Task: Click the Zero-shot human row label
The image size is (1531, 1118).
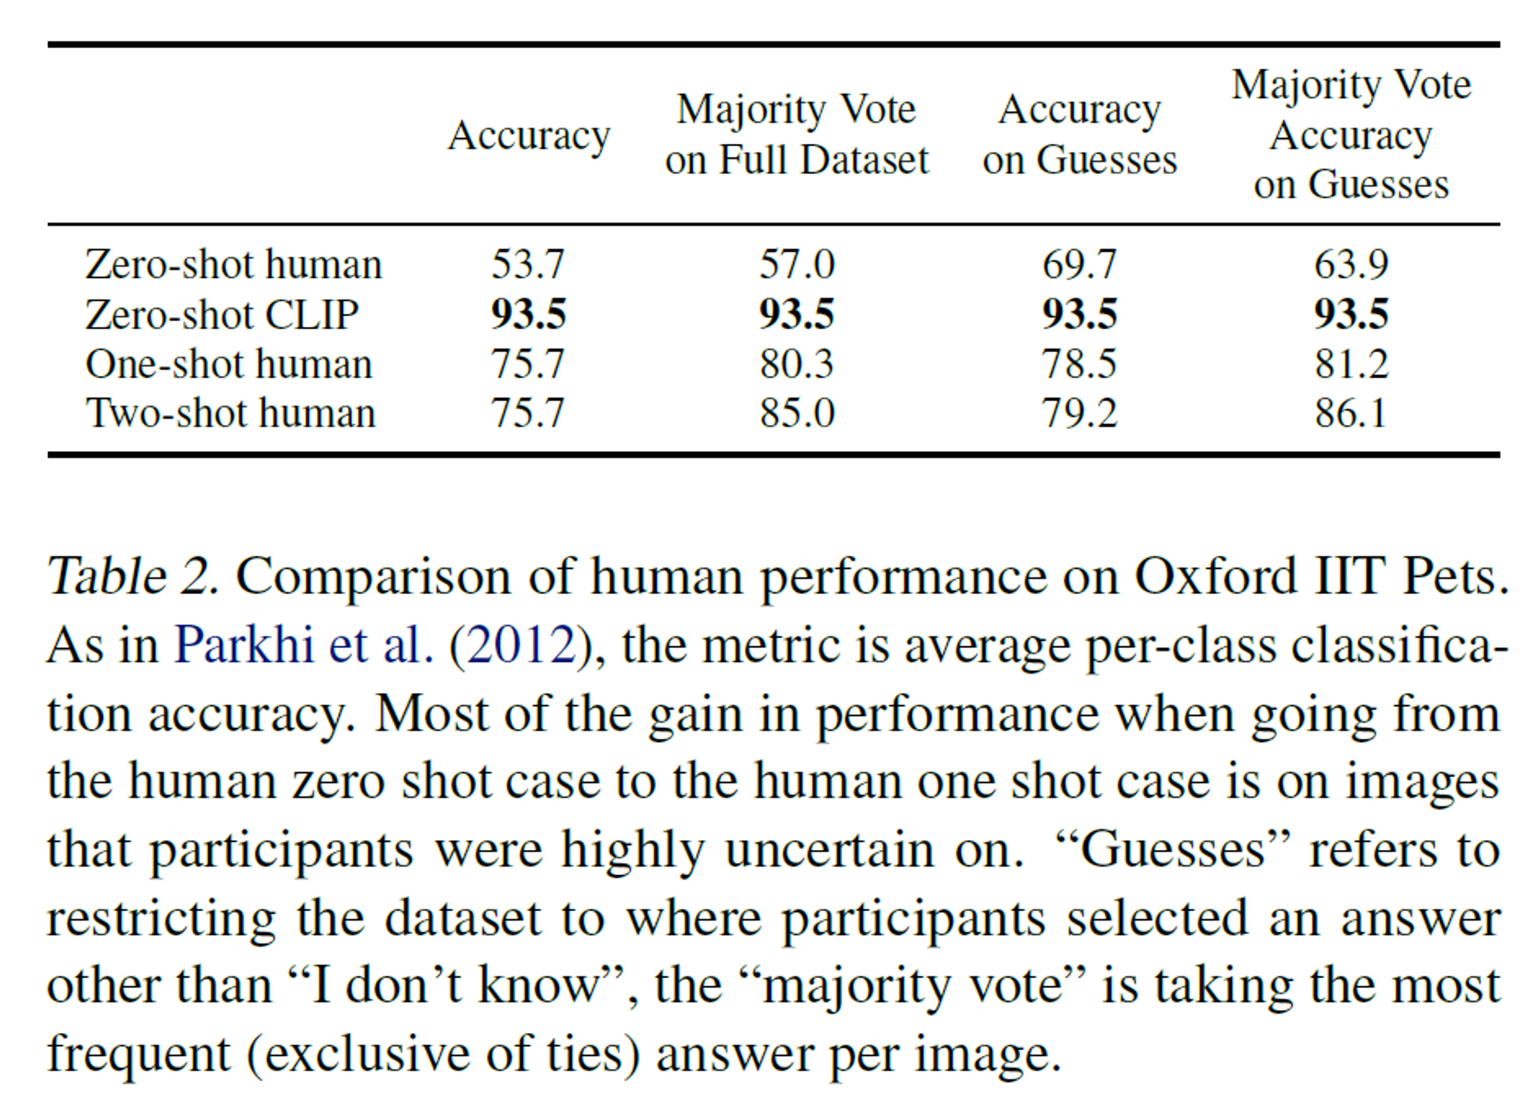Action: point(233,265)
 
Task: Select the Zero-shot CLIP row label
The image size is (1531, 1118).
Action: point(222,315)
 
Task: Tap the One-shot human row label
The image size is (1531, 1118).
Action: point(229,364)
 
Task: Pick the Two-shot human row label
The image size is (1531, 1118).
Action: point(230,414)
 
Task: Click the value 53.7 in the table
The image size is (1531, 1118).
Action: point(528,265)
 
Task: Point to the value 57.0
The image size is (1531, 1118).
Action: point(796,265)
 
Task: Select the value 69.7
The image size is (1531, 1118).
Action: point(1079,265)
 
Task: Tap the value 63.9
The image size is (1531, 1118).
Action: point(1351,265)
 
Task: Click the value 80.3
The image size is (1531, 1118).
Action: point(796,364)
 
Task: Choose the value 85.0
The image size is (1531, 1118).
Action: point(796,414)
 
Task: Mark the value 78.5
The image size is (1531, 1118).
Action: point(1079,364)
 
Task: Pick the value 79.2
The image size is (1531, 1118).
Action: point(1079,414)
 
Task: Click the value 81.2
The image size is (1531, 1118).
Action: point(1351,364)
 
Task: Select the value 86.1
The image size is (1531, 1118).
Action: point(1351,414)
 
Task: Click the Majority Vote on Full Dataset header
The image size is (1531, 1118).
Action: point(796,135)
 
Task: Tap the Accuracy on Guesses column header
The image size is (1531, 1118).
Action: point(1079,135)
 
